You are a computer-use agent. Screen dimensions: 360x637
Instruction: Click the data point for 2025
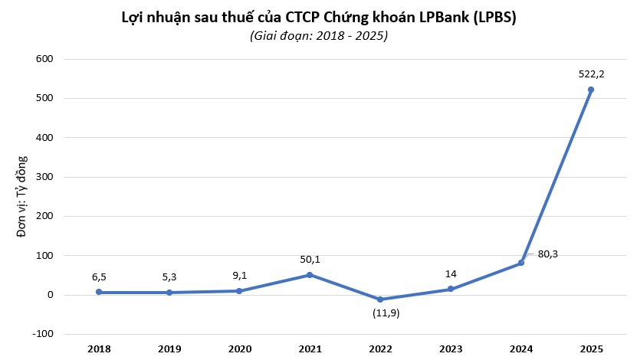pos(590,90)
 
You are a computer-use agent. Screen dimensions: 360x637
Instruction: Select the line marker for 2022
pos(380,299)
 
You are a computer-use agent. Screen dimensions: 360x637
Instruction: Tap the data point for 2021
pos(310,275)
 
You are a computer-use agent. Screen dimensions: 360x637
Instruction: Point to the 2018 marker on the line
pos(99,292)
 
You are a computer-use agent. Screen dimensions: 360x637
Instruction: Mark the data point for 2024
pos(521,263)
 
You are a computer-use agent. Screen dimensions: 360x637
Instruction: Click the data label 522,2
pos(590,74)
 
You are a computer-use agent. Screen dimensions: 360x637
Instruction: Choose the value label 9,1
pos(239,276)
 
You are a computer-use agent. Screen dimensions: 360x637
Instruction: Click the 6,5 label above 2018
pos(99,277)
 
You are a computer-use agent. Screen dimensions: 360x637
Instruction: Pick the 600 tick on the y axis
pos(44,59)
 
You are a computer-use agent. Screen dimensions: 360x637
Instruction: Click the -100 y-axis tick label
pos(42,334)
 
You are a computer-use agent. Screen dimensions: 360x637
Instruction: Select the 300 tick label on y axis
pos(44,177)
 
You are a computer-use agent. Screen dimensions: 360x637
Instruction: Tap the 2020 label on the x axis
pos(239,349)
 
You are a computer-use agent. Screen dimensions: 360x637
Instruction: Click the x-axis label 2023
pos(451,349)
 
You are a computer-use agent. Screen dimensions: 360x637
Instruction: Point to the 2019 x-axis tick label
pos(169,349)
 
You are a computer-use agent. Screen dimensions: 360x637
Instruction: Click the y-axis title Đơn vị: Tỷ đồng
pos(22,196)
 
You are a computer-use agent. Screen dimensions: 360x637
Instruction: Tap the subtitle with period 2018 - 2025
pos(318,36)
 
